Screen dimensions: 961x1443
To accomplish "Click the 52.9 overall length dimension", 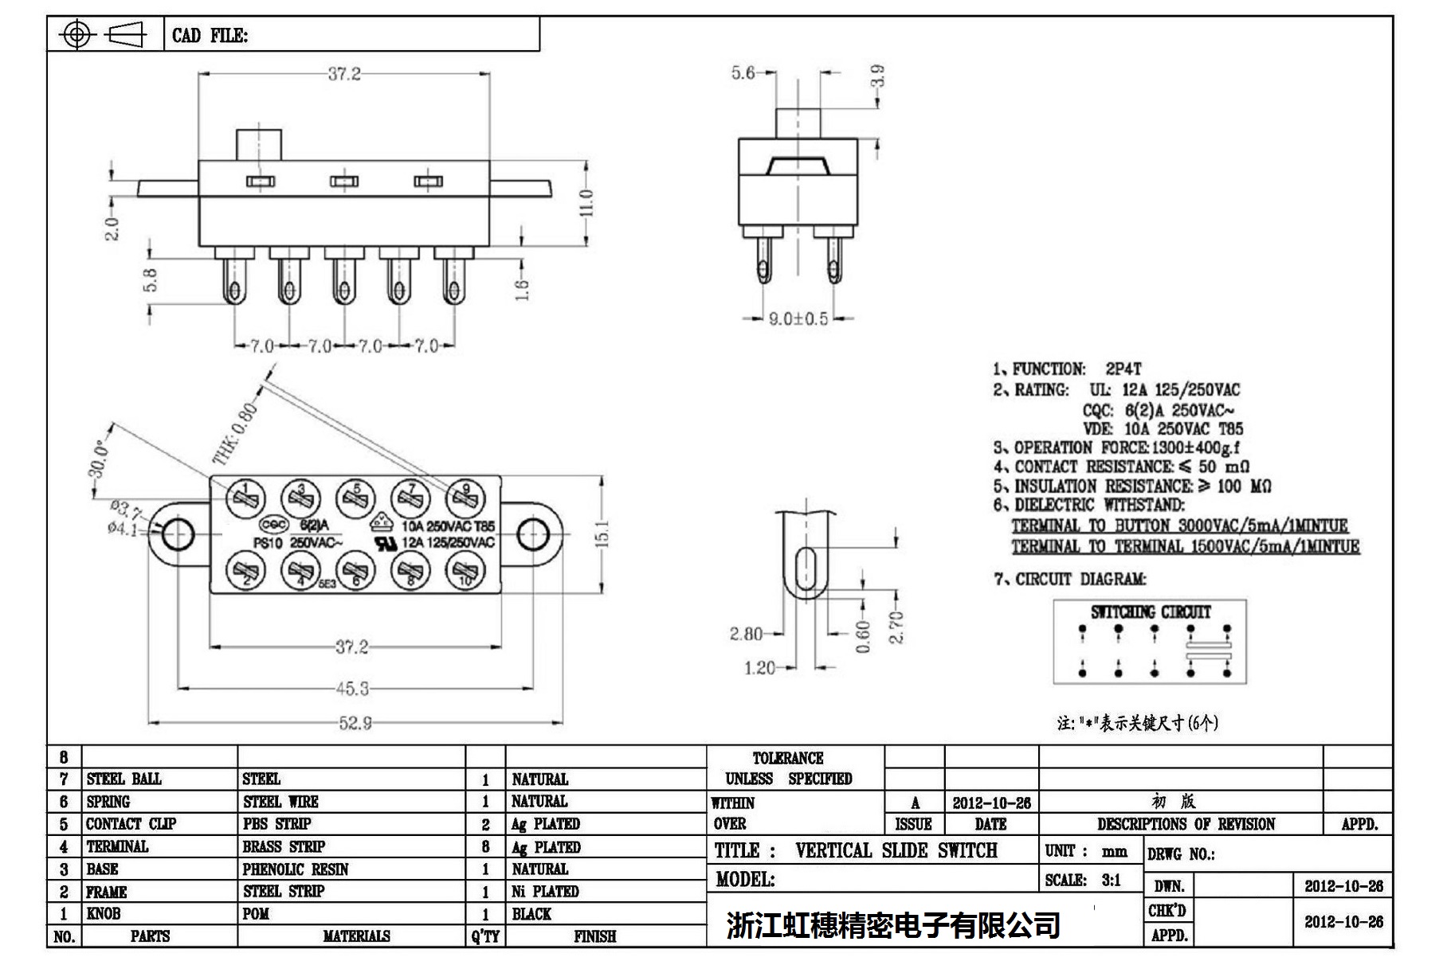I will (355, 723).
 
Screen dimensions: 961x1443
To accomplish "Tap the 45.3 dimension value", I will (353, 688).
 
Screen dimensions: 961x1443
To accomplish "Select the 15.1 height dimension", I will (602, 534).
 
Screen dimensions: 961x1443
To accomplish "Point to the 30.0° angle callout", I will (97, 459).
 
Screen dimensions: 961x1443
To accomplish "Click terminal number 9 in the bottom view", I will (465, 498).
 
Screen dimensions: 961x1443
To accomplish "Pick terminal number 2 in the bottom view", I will (246, 571).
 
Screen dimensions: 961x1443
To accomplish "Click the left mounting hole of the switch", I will (177, 534).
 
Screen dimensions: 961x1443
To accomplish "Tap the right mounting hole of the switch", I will (532, 534).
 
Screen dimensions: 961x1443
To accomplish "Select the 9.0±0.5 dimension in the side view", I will (798, 319).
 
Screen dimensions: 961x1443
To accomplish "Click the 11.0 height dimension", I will (587, 203).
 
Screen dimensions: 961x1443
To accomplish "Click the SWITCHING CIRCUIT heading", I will (1151, 612).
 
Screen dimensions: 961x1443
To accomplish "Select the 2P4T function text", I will (1123, 369).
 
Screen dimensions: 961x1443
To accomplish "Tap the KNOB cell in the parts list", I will (104, 914).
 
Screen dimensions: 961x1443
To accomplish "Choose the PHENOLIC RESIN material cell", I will (296, 869).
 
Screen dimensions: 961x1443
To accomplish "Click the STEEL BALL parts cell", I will (124, 779).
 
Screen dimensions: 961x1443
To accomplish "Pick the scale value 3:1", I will (1111, 880).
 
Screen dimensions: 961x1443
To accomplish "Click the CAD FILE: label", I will (210, 36).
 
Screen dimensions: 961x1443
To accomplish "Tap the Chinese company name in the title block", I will (892, 925).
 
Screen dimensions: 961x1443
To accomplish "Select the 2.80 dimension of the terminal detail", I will (746, 634).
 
